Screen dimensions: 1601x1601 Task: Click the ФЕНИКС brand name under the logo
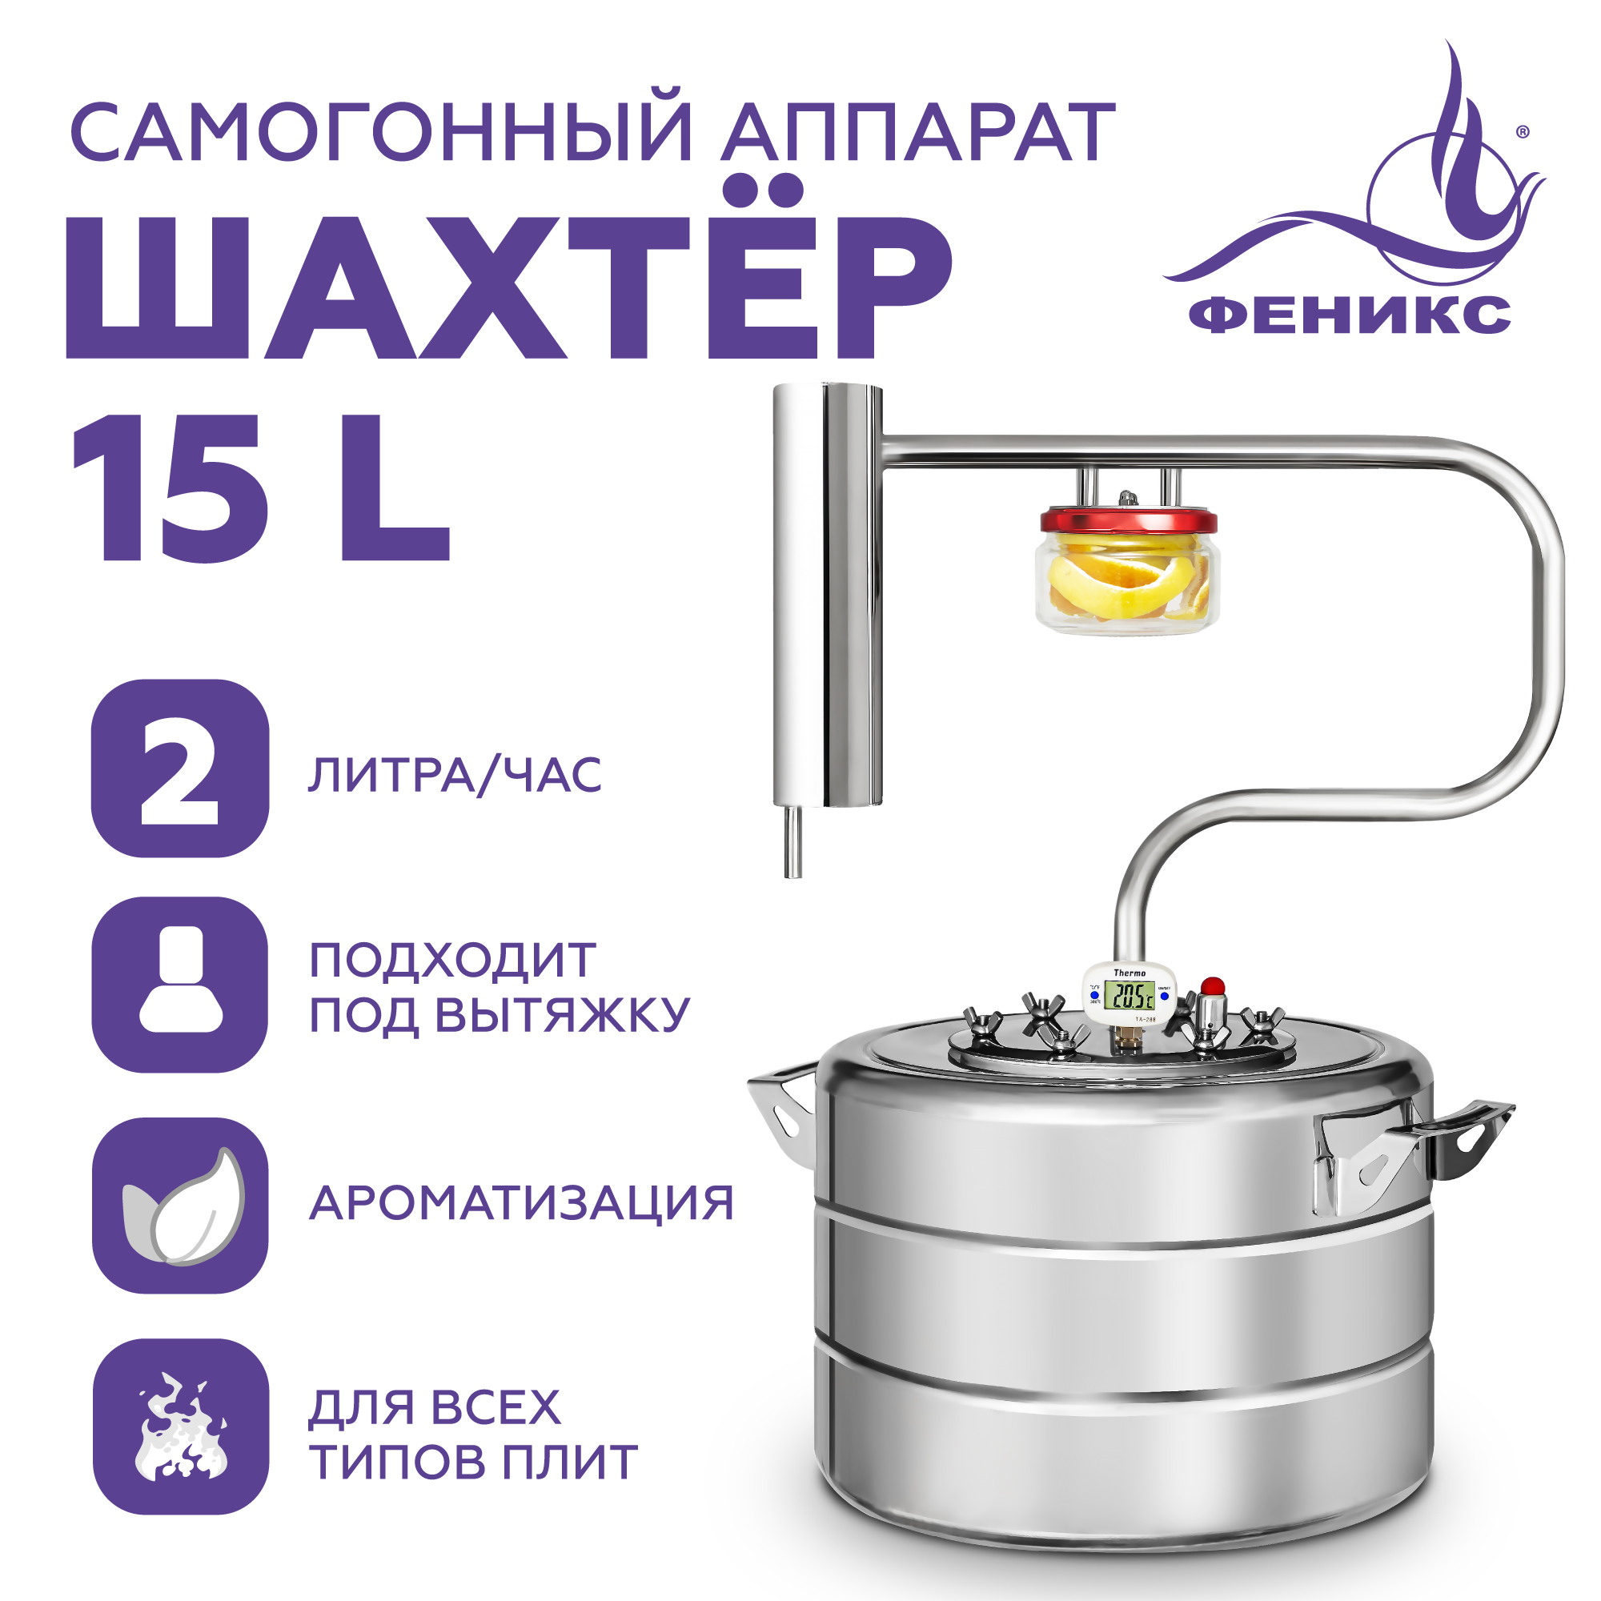click(x=1349, y=315)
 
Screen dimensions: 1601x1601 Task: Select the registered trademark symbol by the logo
click(x=1523, y=132)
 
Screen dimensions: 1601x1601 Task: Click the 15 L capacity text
click(x=261, y=489)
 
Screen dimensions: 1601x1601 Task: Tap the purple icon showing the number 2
click(x=180, y=768)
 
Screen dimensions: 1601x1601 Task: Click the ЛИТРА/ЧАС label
click(x=454, y=775)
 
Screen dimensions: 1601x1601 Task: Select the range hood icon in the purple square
click(x=180, y=985)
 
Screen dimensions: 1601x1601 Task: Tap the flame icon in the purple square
click(x=180, y=1426)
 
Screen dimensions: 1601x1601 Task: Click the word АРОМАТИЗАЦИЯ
click(x=521, y=1203)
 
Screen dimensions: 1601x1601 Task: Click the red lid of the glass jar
click(x=1129, y=521)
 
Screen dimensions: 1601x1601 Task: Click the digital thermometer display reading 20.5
click(x=1129, y=995)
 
